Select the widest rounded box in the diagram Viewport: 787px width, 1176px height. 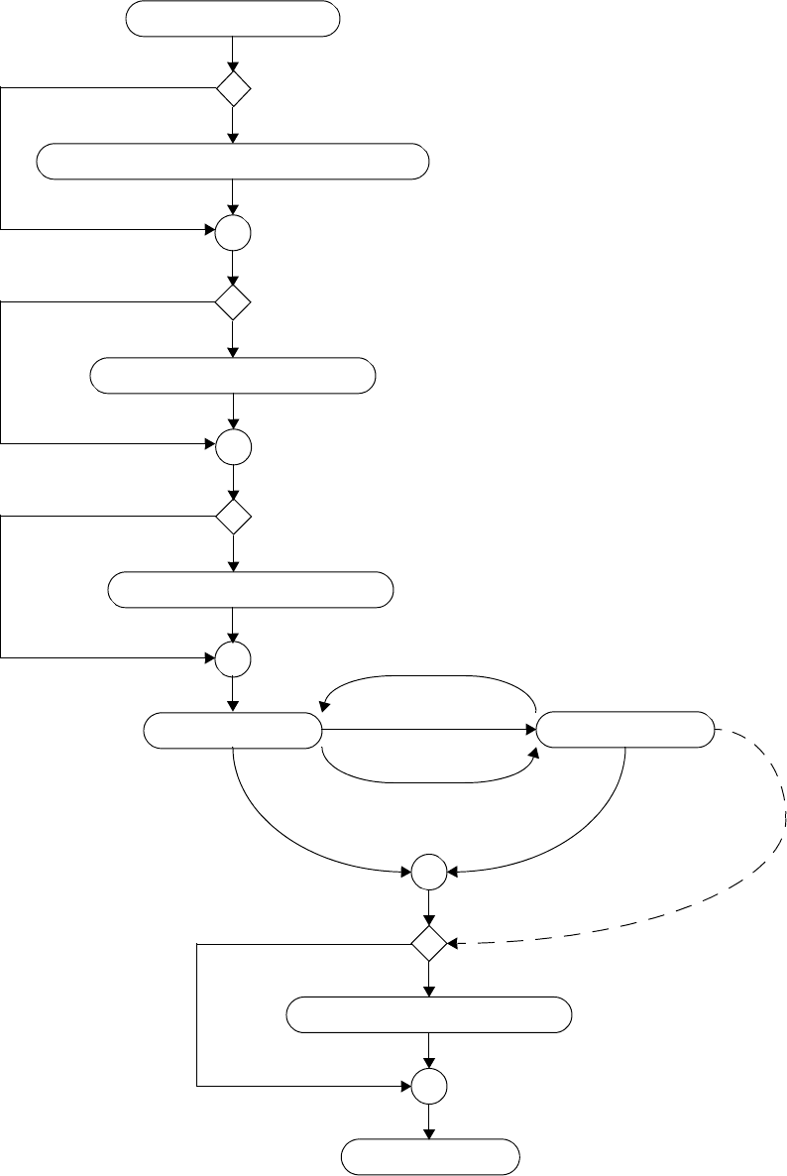[233, 161]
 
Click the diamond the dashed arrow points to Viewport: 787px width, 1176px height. [430, 943]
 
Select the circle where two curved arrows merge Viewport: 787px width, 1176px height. [430, 873]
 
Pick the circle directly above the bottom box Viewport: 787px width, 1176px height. [430, 1087]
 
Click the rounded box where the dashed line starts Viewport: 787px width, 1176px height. [625, 731]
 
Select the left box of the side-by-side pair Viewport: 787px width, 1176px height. [233, 731]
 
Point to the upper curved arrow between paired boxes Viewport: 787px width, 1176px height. [429, 677]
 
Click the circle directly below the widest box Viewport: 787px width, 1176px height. [233, 234]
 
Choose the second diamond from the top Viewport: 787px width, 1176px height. [233, 302]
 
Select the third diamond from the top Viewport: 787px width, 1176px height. [233, 517]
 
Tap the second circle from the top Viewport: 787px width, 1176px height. [233, 448]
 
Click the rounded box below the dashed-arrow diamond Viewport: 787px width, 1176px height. [429, 1015]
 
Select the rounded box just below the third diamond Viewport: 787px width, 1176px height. [250, 590]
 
